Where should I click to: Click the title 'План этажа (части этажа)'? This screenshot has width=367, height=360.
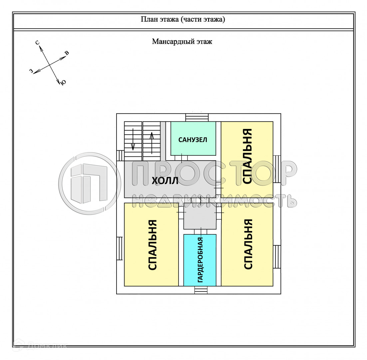[x=183, y=19]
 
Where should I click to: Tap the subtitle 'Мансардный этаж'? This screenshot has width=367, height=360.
[x=182, y=42]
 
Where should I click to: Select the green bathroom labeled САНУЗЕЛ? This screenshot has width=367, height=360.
[x=193, y=139]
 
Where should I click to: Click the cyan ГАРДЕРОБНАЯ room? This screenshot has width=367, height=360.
[x=200, y=260]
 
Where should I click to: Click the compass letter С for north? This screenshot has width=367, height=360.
[x=37, y=43]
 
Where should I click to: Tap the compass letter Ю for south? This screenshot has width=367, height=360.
[x=63, y=82]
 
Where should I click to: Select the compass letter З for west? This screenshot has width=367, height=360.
[x=31, y=71]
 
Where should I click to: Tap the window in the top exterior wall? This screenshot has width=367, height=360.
[x=197, y=118]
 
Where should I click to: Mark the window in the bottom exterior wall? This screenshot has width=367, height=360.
[x=201, y=290]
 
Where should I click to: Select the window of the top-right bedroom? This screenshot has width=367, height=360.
[x=277, y=169]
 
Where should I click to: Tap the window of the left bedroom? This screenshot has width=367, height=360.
[x=120, y=248]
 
